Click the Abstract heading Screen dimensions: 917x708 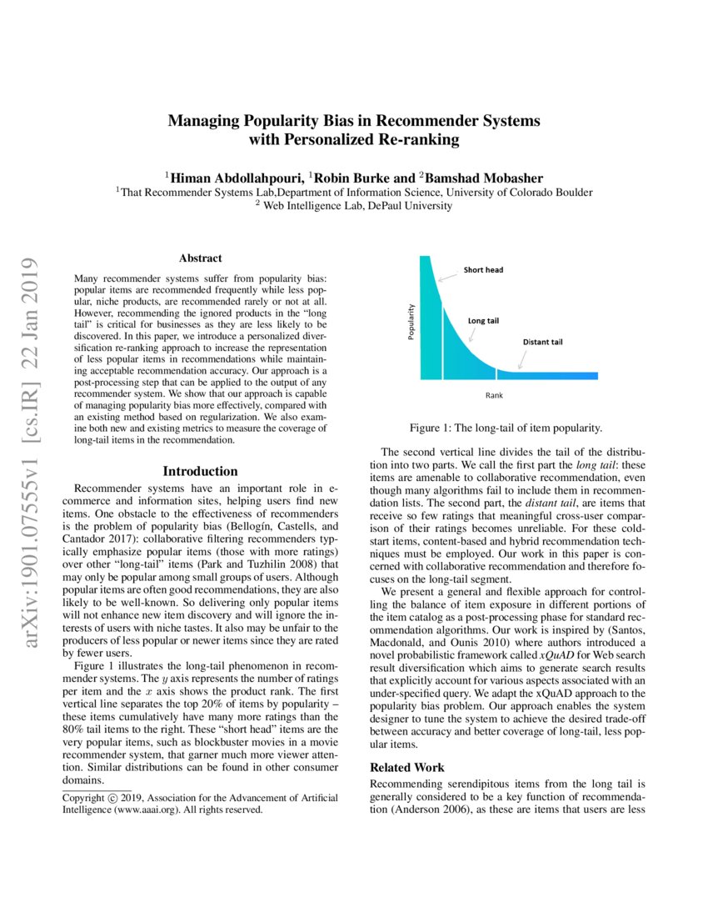click(x=200, y=258)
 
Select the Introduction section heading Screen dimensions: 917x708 click(x=200, y=471)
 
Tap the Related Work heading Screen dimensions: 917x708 click(x=407, y=767)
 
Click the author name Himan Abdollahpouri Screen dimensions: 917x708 click(x=237, y=178)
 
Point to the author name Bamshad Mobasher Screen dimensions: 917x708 click(x=484, y=178)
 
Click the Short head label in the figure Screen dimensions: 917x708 click(x=483, y=270)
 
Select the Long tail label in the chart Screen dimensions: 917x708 click(x=482, y=320)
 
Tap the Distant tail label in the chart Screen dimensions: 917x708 click(x=542, y=342)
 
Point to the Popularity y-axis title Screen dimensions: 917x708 click(x=411, y=321)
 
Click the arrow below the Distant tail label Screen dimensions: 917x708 click(x=521, y=359)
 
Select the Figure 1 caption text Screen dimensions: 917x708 click(x=506, y=428)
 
